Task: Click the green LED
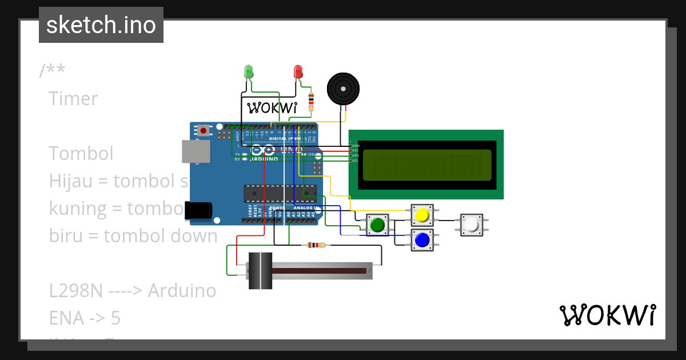tap(249, 71)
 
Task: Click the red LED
tap(298, 71)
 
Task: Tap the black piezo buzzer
tap(343, 89)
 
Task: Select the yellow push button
tap(422, 215)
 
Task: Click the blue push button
tap(422, 240)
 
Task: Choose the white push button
tap(472, 226)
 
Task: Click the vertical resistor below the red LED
tap(311, 102)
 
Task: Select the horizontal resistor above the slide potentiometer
tap(316, 245)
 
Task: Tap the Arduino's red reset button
tap(203, 131)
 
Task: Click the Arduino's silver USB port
tap(196, 151)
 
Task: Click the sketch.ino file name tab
tap(101, 25)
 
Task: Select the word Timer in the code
tap(73, 99)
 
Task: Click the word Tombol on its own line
tap(81, 154)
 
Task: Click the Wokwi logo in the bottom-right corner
tap(607, 315)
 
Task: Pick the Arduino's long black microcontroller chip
tap(280, 193)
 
